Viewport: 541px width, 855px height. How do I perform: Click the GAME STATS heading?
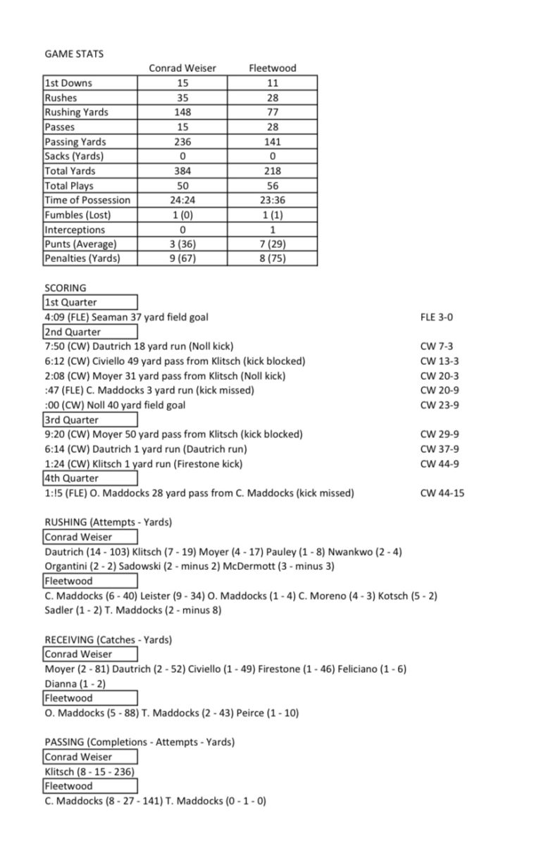(74, 54)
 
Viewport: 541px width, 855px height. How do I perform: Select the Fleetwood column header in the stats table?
(273, 68)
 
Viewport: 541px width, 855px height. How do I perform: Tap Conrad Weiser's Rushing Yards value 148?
(182, 112)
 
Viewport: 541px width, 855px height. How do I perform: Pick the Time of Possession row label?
(87, 200)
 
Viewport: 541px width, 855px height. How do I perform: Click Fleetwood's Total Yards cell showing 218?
(273, 170)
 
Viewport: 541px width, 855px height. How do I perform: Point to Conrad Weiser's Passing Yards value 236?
(182, 142)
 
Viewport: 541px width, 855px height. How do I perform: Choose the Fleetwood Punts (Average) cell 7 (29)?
(273, 244)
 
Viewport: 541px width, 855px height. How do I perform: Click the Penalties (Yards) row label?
(82, 258)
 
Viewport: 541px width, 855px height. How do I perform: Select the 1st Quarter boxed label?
(71, 303)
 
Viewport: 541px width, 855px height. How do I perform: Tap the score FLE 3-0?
(437, 318)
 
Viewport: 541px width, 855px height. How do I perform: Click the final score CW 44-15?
(442, 493)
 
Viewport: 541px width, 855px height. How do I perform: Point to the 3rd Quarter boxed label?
(71, 420)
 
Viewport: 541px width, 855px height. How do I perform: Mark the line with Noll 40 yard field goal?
(116, 405)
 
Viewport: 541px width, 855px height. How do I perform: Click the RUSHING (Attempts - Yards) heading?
(108, 522)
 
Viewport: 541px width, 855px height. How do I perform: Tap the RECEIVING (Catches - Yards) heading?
(108, 639)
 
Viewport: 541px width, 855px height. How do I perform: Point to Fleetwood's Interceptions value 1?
(273, 230)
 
